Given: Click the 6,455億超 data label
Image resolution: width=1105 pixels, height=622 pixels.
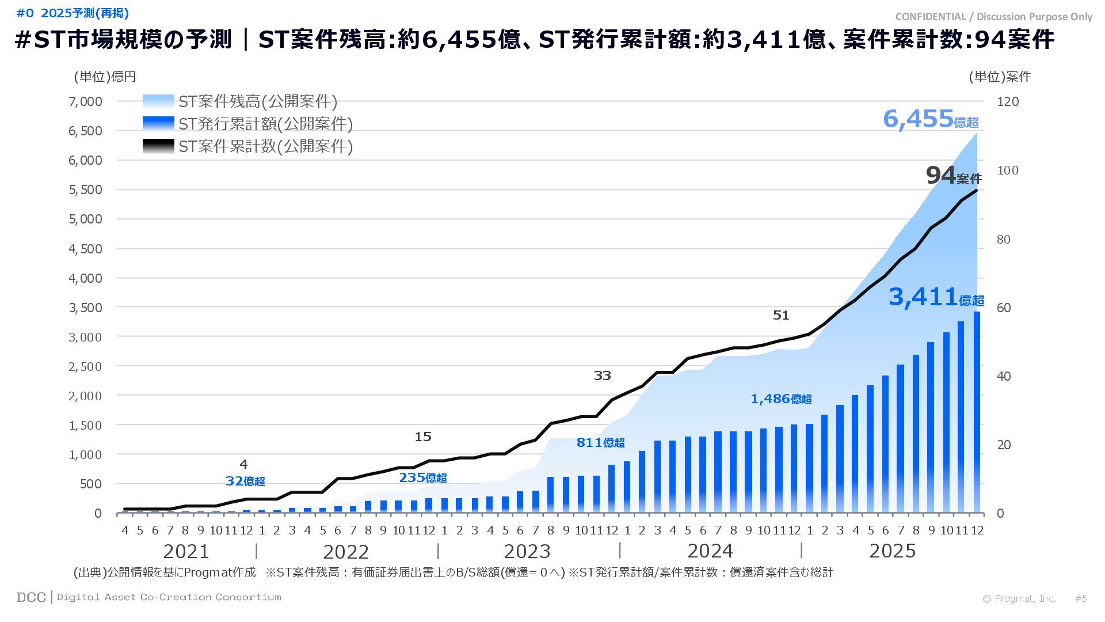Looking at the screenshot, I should [930, 119].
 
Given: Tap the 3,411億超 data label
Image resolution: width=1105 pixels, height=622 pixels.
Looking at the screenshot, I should [936, 297].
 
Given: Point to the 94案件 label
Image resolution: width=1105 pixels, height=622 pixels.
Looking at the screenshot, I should [953, 176].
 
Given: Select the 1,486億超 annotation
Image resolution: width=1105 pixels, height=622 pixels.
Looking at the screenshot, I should [781, 399].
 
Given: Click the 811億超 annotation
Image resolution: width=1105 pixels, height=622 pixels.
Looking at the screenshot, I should [600, 442].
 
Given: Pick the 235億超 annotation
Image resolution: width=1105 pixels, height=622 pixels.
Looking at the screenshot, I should [422, 477].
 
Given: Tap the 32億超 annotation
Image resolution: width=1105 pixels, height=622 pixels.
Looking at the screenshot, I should [245, 481].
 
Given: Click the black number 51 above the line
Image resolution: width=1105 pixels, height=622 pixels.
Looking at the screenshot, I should [780, 315].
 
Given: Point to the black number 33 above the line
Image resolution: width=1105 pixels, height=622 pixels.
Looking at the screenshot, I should [602, 376].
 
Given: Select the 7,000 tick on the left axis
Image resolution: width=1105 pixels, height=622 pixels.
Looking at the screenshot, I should [85, 101].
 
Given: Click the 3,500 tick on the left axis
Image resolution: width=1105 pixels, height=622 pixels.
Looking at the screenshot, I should [85, 308].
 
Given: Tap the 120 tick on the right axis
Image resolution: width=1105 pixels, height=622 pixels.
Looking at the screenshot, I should [1008, 101].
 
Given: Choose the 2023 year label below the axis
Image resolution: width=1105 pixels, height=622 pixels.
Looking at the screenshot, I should [527, 551].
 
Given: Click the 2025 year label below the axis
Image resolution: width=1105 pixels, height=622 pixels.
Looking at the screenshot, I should [892, 551].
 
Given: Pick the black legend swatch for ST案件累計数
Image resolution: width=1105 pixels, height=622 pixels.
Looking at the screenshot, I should [158, 146].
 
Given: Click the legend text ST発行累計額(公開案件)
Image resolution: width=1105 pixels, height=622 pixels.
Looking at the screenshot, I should [265, 124].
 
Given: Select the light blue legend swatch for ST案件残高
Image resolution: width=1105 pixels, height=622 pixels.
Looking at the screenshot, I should [158, 101].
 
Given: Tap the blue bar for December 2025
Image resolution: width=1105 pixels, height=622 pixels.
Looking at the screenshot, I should [977, 412].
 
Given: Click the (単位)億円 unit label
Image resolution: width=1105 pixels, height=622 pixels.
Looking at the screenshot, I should [105, 77].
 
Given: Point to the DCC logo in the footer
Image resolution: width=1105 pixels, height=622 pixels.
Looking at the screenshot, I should [31, 597].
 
